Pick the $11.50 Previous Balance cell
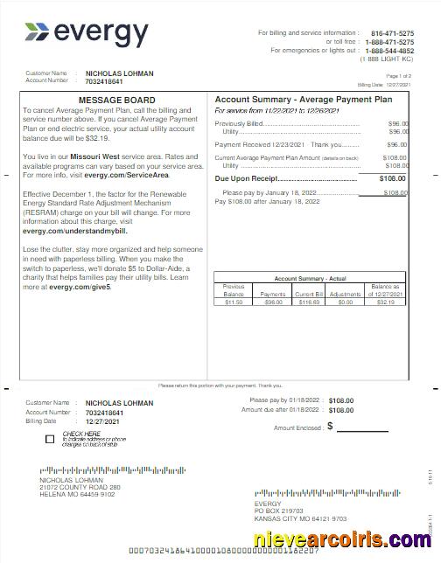[234, 302]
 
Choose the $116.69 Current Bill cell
[309, 302]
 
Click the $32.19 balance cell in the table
[386, 302]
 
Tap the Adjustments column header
[346, 295]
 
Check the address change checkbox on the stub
[50, 439]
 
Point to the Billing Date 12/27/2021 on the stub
[101, 421]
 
